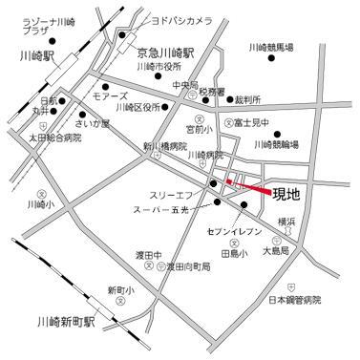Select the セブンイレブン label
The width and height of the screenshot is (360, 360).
click(233, 231)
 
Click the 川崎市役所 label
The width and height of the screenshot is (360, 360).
click(159, 68)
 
